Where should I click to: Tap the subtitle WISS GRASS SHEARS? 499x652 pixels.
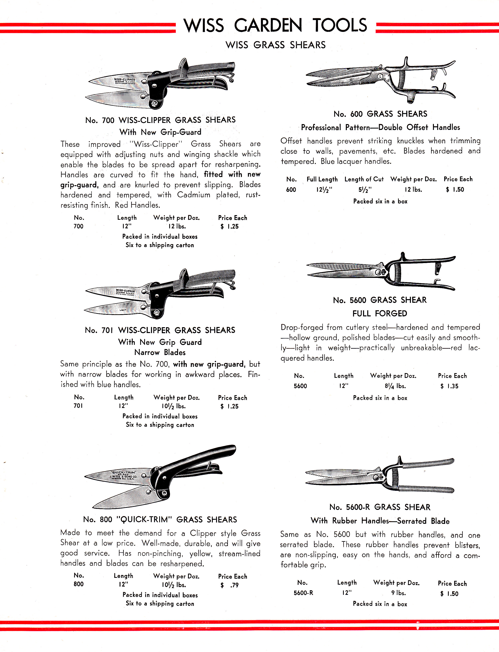275,45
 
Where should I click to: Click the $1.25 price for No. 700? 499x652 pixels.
229,227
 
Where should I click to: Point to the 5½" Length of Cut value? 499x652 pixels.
365,189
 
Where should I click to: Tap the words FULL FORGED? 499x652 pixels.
380,313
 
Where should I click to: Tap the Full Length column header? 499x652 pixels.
322,179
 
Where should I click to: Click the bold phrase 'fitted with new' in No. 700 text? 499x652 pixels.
232,174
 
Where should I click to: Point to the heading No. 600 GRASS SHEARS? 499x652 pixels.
380,114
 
